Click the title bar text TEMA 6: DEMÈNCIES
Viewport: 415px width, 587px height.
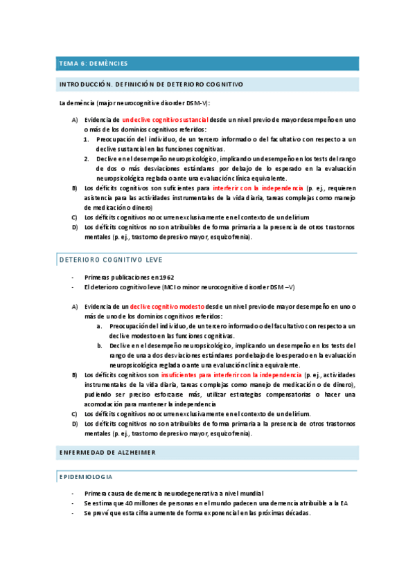click(94, 63)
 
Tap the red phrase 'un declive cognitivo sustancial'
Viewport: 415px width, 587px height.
click(165, 120)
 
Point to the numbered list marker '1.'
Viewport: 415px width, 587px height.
click(87, 139)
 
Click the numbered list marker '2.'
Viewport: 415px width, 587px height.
click(87, 159)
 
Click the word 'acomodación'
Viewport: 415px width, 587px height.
click(104, 404)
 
